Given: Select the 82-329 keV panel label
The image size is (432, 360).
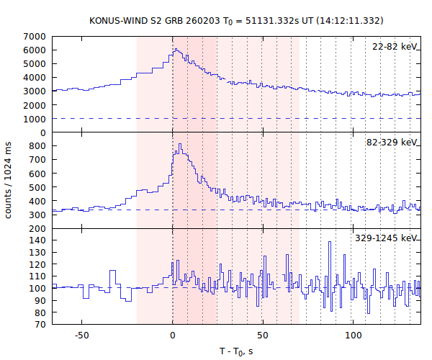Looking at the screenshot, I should coord(392,143).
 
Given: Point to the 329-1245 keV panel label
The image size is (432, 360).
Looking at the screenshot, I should coord(387,238).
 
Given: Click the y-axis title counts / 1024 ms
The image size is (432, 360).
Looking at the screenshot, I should coord(9,180).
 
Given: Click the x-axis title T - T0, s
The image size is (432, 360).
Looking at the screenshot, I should coord(235,351).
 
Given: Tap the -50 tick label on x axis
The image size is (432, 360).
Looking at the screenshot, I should coord(82,336).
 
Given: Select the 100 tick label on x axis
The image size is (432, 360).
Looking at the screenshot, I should coord(354,336).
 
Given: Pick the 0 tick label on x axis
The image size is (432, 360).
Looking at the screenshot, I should coord(173,336).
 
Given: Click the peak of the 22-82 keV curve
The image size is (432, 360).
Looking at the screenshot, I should coord(176,49).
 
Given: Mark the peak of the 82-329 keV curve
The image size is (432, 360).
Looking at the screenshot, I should coord(180,144).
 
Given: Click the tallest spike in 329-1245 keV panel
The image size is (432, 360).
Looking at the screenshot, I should coord(330,242).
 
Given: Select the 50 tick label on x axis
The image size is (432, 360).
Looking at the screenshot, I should coord(263,336).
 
